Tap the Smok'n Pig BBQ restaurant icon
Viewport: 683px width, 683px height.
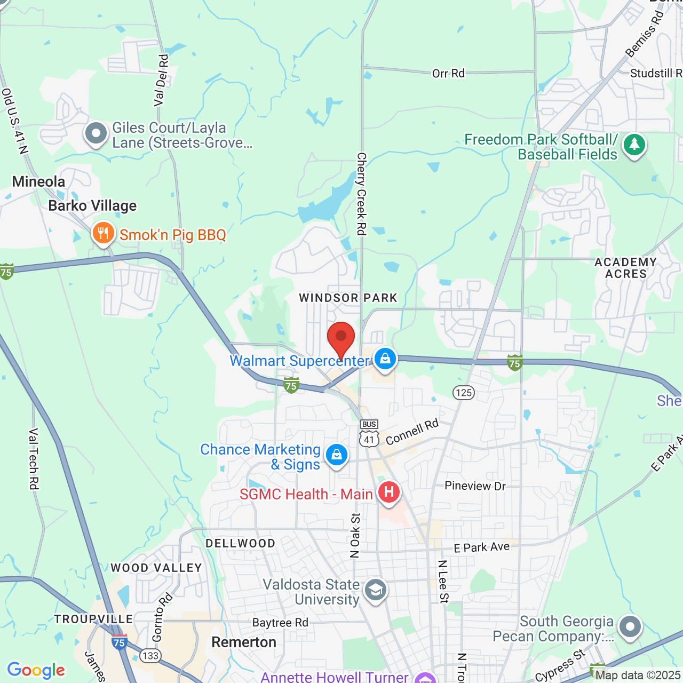point(103,234)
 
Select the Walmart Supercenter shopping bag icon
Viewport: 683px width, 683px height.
point(385,359)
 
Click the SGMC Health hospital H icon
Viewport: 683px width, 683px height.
point(388,491)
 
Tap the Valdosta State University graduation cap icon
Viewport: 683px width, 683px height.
point(375,590)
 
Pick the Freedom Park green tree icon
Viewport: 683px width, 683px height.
point(634,145)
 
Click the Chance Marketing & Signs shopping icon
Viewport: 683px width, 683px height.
point(336,455)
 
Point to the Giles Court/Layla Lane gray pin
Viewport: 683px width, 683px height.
point(96,133)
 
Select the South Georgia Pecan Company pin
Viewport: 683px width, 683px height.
point(630,626)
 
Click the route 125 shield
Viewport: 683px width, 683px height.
point(464,393)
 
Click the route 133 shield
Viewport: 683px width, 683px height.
point(150,655)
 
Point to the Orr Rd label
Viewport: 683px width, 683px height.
point(448,73)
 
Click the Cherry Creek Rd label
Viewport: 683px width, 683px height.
point(361,194)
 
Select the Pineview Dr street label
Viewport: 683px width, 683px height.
point(475,486)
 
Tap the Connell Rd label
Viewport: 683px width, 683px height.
point(412,432)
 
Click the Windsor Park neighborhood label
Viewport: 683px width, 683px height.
point(348,298)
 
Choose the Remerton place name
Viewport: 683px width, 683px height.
point(244,642)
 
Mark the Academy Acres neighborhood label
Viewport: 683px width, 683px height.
point(625,268)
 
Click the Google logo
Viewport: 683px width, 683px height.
point(36,670)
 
